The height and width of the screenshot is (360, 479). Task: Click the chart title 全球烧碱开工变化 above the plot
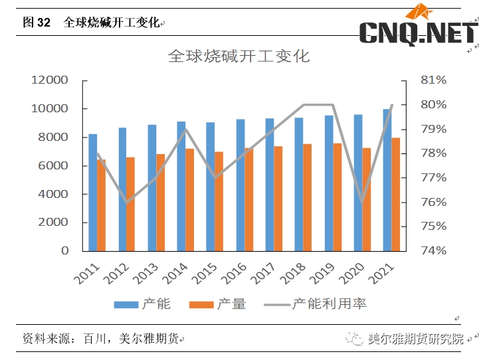pyautogui.click(x=239, y=56)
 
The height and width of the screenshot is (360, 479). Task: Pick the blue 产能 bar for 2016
pyautogui.click(x=240, y=185)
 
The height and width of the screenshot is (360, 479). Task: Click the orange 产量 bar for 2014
pyautogui.click(x=189, y=199)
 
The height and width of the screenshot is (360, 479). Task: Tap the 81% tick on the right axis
pyautogui.click(x=433, y=80)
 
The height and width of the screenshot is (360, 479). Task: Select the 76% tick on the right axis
pyautogui.click(x=433, y=202)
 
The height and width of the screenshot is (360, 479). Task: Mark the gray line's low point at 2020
pyautogui.click(x=362, y=202)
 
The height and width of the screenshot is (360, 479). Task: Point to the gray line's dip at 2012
pyautogui.click(x=126, y=202)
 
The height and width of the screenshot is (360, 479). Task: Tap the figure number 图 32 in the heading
pyautogui.click(x=37, y=23)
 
